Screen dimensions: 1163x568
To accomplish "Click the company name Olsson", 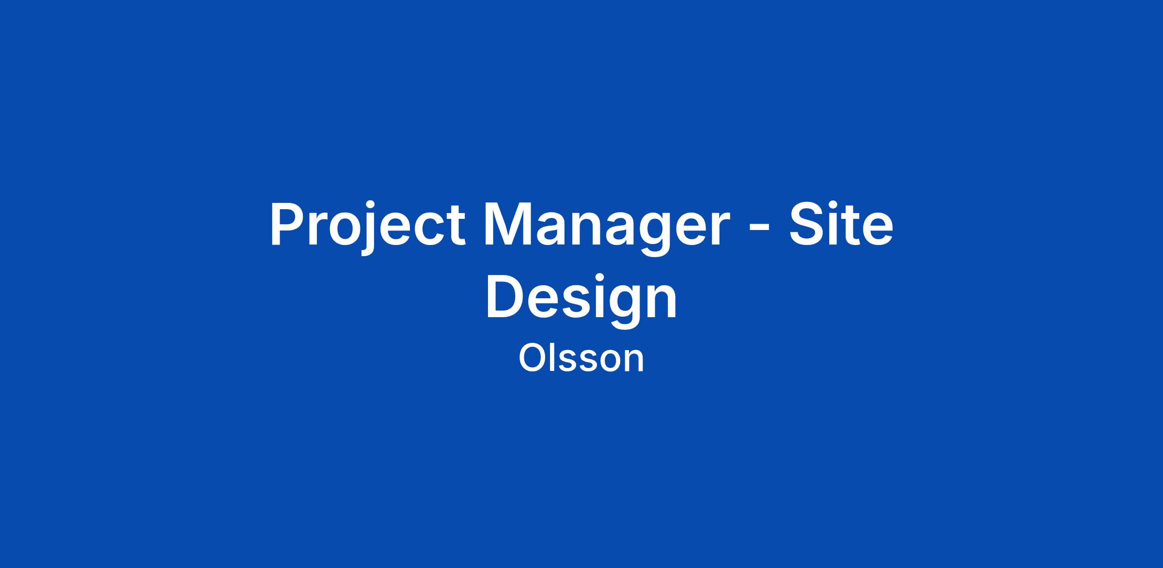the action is click(581, 358).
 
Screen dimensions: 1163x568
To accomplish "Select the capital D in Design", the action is click(504, 296).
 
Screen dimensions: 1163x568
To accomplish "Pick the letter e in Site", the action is click(877, 230).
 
